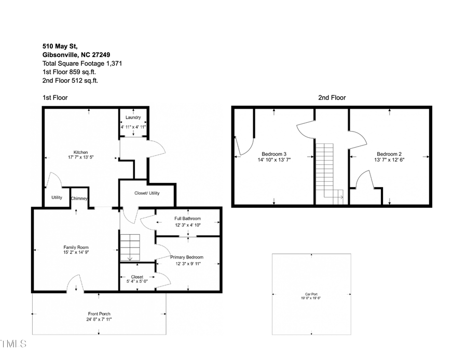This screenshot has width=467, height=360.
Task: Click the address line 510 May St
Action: [60, 46]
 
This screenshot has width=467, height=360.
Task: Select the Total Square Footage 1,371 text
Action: [82, 63]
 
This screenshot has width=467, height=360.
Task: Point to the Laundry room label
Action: [133, 118]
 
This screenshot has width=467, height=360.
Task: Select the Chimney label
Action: [79, 198]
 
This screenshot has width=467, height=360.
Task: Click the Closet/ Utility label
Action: [147, 193]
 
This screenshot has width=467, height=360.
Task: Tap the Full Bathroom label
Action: [187, 219]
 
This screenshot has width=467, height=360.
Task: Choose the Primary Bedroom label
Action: [187, 257]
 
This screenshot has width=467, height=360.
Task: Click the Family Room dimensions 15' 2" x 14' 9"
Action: [76, 253]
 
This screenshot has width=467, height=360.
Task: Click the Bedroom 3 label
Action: [274, 154]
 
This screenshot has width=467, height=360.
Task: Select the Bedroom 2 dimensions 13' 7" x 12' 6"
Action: [389, 160]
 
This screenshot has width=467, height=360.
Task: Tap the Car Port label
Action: [311, 294]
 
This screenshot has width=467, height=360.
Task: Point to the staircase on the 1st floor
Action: [130, 248]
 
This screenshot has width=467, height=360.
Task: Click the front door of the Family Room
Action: [75, 284]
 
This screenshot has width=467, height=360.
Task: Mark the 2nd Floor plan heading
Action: [332, 97]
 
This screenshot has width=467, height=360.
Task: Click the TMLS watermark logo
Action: [12, 343]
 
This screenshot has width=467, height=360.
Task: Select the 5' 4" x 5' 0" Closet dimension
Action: [137, 282]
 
